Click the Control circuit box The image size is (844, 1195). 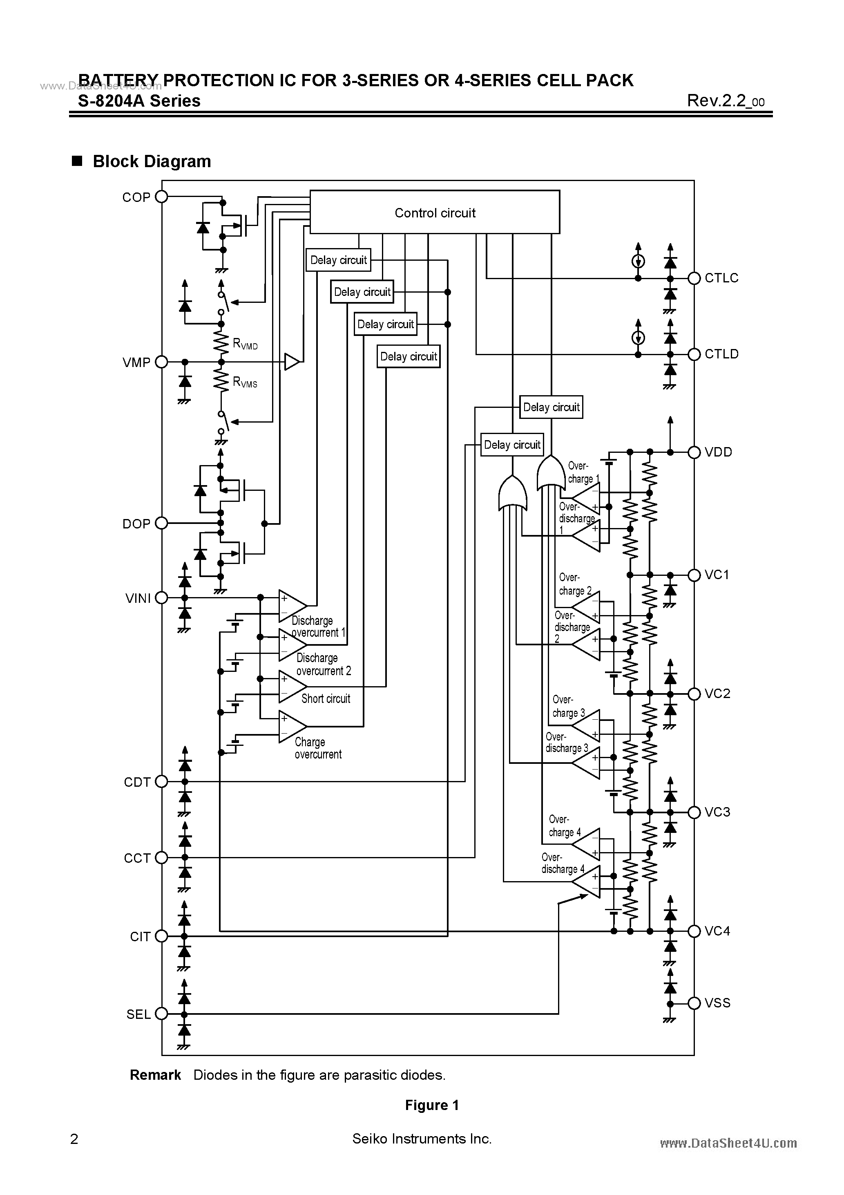pyautogui.click(x=435, y=213)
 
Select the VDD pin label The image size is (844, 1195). pyautogui.click(x=718, y=452)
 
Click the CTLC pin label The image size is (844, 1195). pyautogui.click(x=721, y=278)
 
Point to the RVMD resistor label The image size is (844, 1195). pyautogui.click(x=245, y=344)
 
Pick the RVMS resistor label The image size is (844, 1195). pyautogui.click(x=245, y=382)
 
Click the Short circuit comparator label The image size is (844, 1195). pyautogui.click(x=326, y=698)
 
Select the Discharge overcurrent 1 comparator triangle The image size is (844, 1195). pyautogui.click(x=291, y=606)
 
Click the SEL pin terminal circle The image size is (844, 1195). pyautogui.click(x=162, y=1014)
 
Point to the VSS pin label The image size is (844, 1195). pyautogui.click(x=717, y=1003)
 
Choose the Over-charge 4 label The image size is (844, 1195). pyautogui.click(x=564, y=826)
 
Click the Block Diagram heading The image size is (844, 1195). pyautogui.click(x=152, y=161)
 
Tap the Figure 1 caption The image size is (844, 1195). pyautogui.click(x=431, y=1105)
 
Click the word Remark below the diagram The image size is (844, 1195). pyautogui.click(x=155, y=1075)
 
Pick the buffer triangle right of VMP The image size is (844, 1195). pyautogui.click(x=291, y=362)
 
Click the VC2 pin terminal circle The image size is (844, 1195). pyautogui.click(x=694, y=694)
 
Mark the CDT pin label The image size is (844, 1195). pyautogui.click(x=137, y=782)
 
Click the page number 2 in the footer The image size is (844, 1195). pyautogui.click(x=74, y=1139)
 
